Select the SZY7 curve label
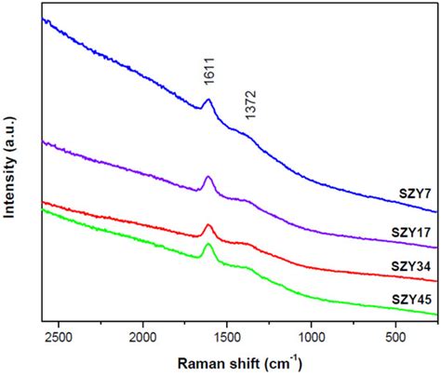tap(410, 195)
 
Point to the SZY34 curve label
tap(408, 267)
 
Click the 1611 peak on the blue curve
tap(208, 101)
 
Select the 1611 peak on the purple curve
tap(208, 177)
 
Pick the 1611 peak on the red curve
tap(208, 225)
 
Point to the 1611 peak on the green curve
tap(208, 245)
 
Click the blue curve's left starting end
tap(44, 18)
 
